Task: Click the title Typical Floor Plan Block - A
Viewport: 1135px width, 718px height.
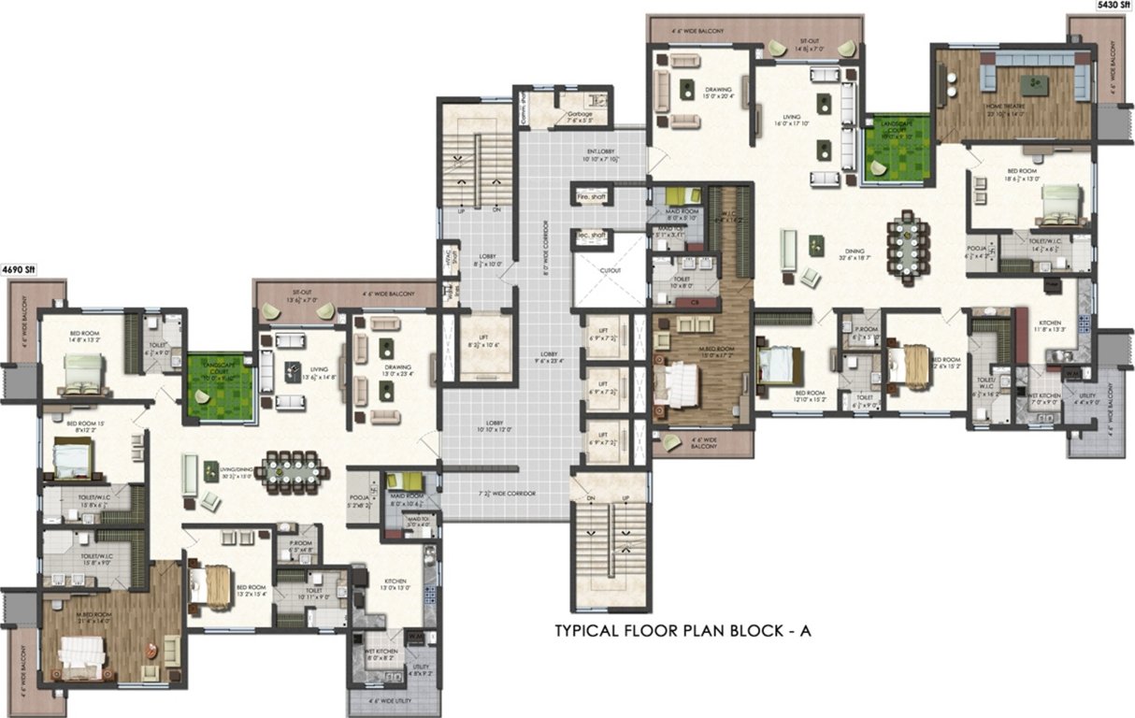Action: [683, 632]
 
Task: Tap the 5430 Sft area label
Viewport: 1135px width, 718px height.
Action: [1113, 6]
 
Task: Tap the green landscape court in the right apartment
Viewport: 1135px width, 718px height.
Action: [897, 148]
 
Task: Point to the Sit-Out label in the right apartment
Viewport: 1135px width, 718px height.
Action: [809, 42]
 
